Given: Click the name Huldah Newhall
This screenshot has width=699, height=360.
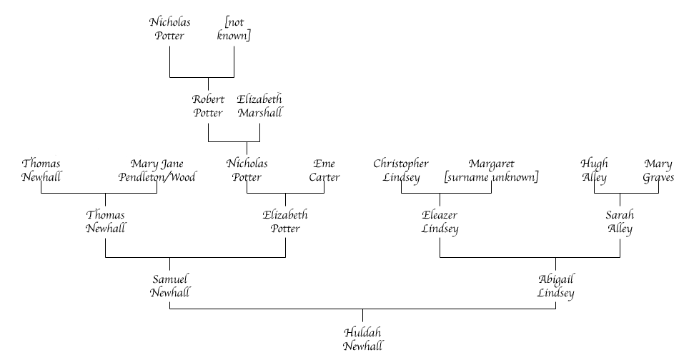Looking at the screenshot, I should (363, 339).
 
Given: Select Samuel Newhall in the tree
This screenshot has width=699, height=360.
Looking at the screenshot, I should (170, 285).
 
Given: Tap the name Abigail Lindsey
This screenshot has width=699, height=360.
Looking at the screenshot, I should (556, 285).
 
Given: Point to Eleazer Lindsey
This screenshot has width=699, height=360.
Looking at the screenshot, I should (440, 221).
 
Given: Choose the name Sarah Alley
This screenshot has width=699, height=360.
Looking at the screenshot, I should (620, 221).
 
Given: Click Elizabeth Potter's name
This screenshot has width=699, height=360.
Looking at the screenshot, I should (285, 221).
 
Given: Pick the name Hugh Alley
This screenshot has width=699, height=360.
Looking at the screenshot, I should (594, 171).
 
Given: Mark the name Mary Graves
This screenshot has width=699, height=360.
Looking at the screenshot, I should (658, 171).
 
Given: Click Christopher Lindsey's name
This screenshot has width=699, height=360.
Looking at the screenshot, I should (401, 171).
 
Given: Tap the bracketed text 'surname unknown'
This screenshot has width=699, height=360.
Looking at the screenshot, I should (491, 177).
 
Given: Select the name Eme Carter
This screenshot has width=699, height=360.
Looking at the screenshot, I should (324, 171).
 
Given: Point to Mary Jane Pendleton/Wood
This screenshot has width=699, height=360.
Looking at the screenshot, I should (157, 171).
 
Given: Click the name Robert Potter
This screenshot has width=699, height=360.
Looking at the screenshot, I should (208, 106).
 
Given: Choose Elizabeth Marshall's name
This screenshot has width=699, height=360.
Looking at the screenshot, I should (259, 106).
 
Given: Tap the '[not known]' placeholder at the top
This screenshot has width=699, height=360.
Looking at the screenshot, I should (234, 29).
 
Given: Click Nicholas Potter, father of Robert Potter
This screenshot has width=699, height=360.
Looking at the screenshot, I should (170, 29).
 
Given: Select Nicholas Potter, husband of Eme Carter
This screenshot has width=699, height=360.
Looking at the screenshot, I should (247, 171).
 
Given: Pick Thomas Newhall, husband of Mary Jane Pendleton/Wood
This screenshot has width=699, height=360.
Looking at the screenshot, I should (41, 171).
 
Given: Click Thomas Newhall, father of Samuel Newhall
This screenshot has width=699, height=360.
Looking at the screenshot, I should (106, 221).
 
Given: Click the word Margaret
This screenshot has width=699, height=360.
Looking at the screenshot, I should (491, 164).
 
